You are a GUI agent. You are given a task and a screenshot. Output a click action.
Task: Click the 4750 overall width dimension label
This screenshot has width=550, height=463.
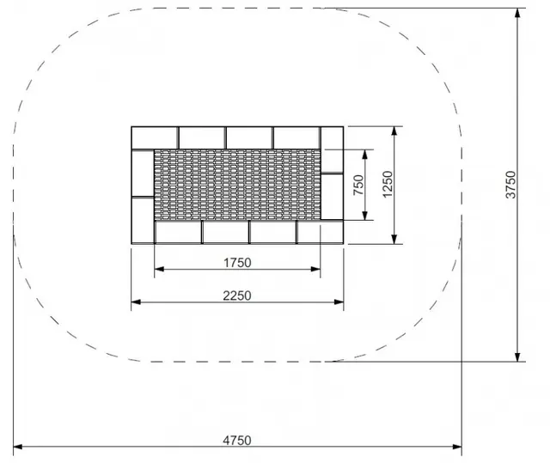click(237, 440)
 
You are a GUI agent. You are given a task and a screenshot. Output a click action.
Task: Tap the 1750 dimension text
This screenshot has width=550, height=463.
click(237, 263)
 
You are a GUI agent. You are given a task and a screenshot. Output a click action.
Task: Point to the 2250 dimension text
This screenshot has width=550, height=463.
click(237, 295)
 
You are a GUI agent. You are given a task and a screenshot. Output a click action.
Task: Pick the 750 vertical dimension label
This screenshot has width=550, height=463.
click(359, 185)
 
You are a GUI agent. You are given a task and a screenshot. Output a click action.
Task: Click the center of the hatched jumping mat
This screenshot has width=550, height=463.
click(237, 185)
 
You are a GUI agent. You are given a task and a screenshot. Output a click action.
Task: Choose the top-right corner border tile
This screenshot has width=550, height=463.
click(332, 137)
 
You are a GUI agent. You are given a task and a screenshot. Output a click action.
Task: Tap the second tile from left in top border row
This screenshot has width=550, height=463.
click(201, 137)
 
